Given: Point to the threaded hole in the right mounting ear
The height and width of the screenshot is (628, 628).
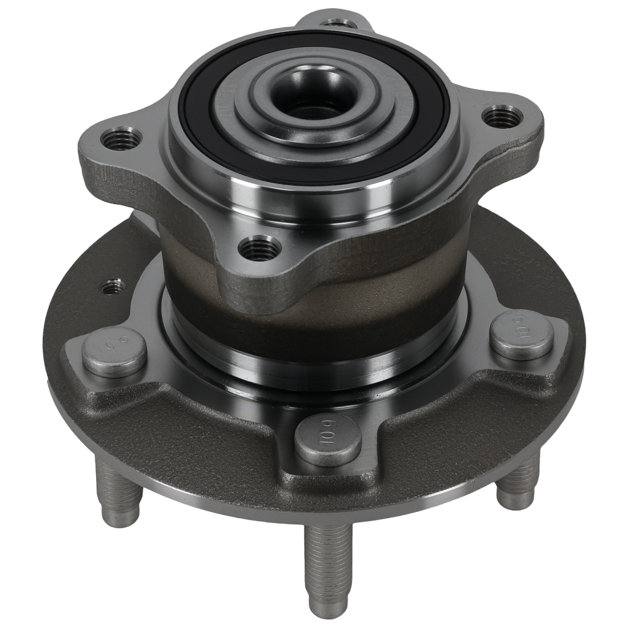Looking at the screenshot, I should [502, 116].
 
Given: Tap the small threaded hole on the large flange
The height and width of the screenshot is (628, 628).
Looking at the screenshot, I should [113, 287].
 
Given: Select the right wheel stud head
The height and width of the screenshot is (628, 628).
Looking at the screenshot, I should [521, 335].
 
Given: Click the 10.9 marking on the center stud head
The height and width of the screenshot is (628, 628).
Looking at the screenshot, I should [328, 433].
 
